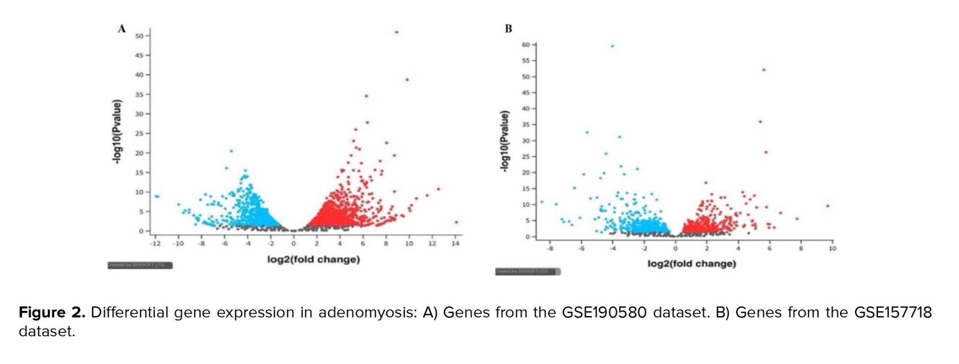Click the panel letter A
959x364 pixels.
122,29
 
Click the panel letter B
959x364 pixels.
508,29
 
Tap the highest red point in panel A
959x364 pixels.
397,32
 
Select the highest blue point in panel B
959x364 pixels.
612,46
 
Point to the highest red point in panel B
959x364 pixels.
764,70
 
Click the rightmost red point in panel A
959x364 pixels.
456,222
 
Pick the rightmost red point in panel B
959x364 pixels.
828,206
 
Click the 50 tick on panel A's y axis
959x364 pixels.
139,36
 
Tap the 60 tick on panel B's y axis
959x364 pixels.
526,45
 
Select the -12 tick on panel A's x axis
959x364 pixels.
155,243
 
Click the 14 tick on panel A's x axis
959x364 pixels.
456,243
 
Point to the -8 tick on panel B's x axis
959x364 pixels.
550,248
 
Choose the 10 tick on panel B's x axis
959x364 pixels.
832,248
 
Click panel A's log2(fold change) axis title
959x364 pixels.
314,260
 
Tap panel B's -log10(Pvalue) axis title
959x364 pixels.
504,141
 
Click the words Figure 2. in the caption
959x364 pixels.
52,313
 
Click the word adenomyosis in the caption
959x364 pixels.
367,313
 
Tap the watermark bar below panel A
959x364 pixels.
140,265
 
